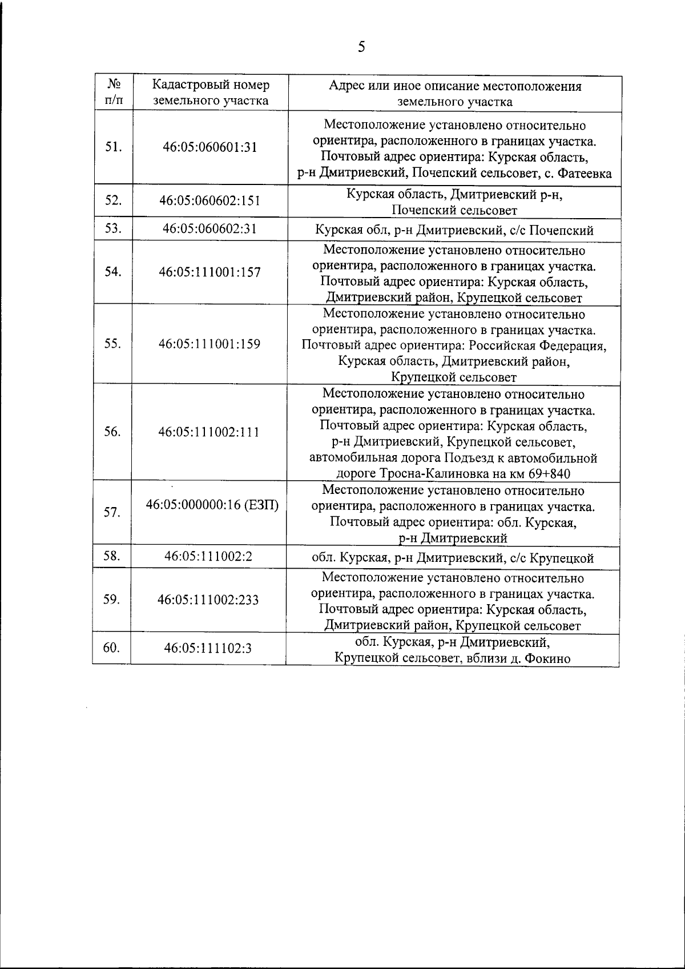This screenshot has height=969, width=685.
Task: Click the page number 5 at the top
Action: (x=361, y=47)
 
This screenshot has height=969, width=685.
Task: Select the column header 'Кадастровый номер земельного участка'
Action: (x=211, y=93)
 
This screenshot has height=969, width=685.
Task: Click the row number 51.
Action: (x=113, y=147)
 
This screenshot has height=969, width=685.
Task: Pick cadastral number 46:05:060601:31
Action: (x=210, y=147)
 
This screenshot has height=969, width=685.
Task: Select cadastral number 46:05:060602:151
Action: (x=210, y=200)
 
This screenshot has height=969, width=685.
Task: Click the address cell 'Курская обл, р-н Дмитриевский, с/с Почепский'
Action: (x=454, y=231)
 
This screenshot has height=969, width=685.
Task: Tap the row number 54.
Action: (x=113, y=272)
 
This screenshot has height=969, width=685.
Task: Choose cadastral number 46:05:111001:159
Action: (x=210, y=344)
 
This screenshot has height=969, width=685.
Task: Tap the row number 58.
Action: (x=112, y=556)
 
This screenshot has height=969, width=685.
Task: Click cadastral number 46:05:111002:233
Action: (x=208, y=600)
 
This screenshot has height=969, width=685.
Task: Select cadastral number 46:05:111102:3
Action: (x=208, y=649)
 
